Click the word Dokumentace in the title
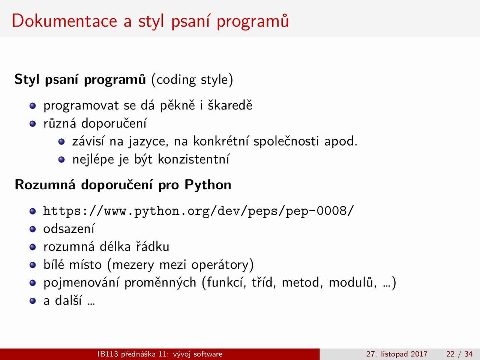pos(64,21)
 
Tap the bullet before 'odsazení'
pos(33,229)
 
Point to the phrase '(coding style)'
pos(192,79)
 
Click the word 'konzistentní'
pos(193,159)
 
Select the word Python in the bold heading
pos(208,185)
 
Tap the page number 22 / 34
pos(459,354)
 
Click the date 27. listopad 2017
pos(397,354)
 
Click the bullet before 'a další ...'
pos(33,301)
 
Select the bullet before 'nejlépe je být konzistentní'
pos(61,160)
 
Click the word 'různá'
pos(60,123)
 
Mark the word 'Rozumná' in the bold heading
pos(45,185)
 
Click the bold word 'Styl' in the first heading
pos(27,79)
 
